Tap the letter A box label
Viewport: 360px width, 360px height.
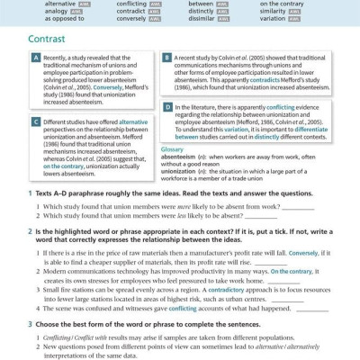(35, 58)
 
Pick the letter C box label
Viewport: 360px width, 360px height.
(35, 121)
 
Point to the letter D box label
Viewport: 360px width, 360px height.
(166, 106)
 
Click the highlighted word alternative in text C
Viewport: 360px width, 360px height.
(133, 121)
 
